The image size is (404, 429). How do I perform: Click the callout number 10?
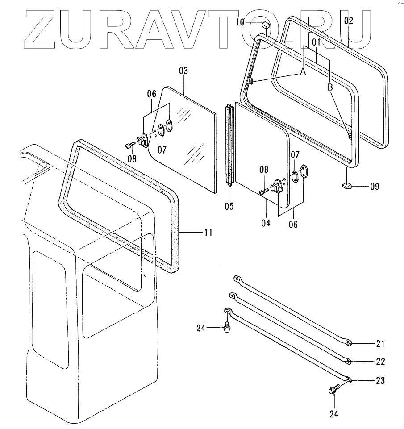click(x=252, y=21)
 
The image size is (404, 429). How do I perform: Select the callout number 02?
click(x=349, y=20)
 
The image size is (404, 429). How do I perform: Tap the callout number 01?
click(x=317, y=42)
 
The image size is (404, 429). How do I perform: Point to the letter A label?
click(x=303, y=71)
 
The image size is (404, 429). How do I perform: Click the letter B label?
click(x=330, y=88)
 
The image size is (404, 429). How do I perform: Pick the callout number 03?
click(x=183, y=71)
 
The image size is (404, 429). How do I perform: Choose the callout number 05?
click(x=229, y=206)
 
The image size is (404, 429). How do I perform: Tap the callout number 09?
click(x=374, y=187)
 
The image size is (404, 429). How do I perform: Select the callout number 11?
click(x=208, y=232)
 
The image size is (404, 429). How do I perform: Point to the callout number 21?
click(x=380, y=343)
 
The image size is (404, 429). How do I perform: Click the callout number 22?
click(x=380, y=361)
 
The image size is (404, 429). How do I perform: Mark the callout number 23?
click(x=380, y=381)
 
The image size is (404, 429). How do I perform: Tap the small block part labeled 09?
click(x=347, y=186)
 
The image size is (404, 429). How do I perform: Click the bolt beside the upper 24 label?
click(x=227, y=329)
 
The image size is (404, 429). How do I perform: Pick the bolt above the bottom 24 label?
click(x=333, y=391)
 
